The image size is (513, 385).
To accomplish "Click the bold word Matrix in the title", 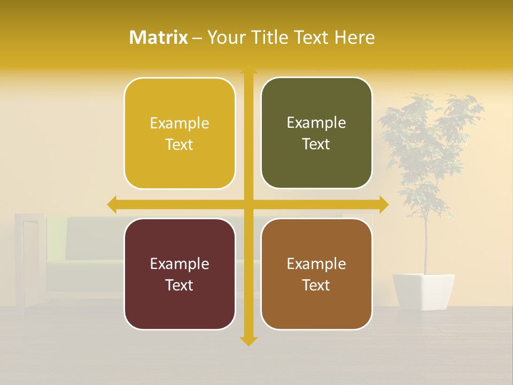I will pos(159,37).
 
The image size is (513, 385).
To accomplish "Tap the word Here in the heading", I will pos(355,37).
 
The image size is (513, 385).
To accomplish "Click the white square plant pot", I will pos(424,291).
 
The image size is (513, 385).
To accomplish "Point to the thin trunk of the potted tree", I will pos(426,246).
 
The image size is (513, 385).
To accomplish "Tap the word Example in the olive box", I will pos(316,123).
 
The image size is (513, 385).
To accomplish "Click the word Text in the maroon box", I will pos(180,285).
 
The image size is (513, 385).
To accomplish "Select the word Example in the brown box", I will pos(316,264).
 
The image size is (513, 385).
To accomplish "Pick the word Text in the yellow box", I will pos(180,144).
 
